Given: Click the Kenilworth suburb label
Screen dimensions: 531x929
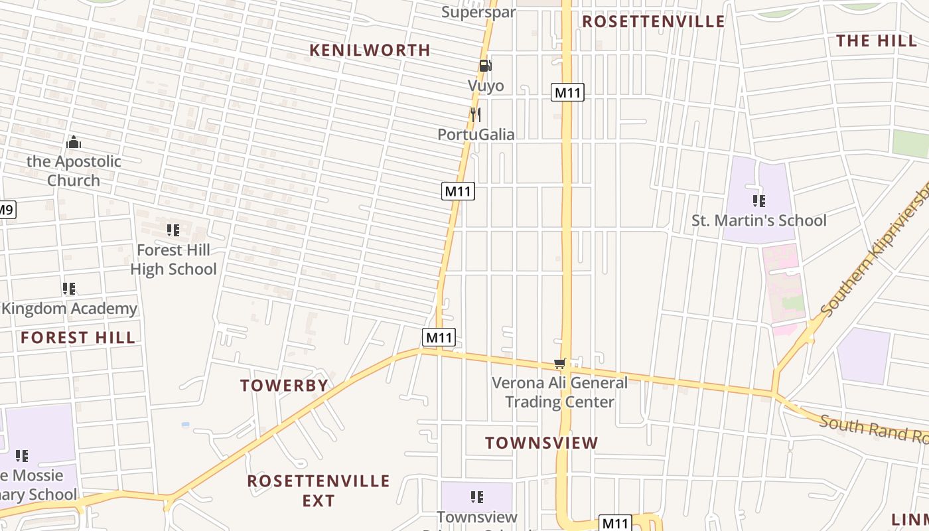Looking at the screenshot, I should point(370,50).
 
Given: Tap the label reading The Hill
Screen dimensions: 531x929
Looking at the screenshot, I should point(876,40).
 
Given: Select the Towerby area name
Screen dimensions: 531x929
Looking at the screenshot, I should point(284,386).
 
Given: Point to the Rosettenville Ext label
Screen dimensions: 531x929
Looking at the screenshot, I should point(319,490).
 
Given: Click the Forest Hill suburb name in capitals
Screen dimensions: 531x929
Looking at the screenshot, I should point(78,337).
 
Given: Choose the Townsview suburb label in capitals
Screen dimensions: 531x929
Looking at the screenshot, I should point(541,443).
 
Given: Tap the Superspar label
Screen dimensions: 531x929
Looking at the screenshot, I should point(478,11).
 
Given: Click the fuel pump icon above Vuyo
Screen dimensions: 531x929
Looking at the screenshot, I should point(486,66).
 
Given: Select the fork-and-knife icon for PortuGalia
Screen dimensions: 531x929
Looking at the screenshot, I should point(475,114).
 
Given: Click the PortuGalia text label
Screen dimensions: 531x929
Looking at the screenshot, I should point(476,134).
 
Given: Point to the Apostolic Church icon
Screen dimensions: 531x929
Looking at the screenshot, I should point(74,142).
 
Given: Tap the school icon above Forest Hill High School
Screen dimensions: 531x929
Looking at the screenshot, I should point(173,230).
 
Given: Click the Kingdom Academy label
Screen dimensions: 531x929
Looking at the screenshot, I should point(70,309).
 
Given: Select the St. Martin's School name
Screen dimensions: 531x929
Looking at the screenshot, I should point(759,220).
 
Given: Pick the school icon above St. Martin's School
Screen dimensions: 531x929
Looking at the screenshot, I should point(759,200).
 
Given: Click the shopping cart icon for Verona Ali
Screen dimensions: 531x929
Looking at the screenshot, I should point(559,363).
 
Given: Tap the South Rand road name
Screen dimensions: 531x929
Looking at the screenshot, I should point(873,429).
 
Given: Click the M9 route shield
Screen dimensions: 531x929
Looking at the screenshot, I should point(5,210).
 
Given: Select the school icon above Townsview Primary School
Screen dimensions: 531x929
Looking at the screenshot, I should point(476,496).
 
